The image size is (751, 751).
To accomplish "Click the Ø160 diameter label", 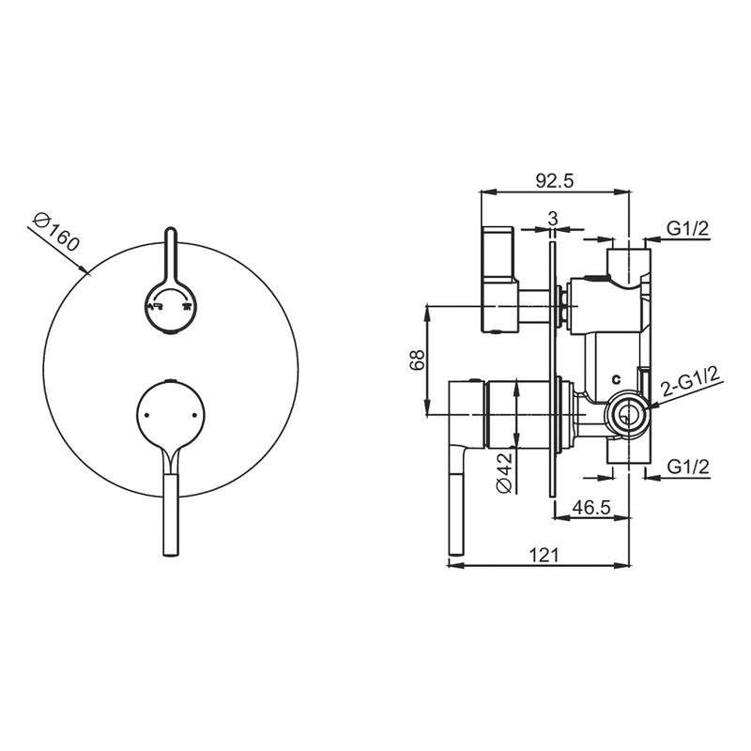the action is [55, 232].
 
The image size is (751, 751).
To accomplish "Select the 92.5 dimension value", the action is [554, 181].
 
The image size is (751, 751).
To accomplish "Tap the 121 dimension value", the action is [544, 555].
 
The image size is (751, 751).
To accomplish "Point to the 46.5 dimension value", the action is [591, 507].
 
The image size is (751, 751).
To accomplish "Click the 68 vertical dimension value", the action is [417, 360].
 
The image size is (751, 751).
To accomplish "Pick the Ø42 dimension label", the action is [504, 472].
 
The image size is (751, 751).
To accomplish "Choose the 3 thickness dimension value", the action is [553, 219].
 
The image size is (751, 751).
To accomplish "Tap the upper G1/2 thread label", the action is [688, 228].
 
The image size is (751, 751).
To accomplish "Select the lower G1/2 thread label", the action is [688, 467].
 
